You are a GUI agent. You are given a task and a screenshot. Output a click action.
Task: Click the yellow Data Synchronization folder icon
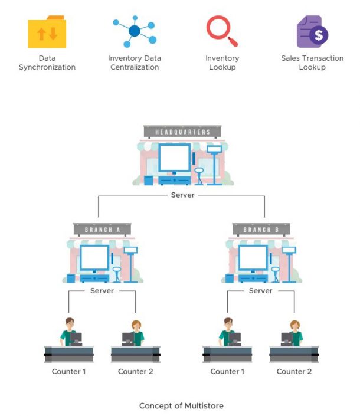(47, 32)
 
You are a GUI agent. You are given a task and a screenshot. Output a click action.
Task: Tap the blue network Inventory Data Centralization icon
(135, 31)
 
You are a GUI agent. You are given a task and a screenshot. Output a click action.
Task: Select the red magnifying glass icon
(221, 31)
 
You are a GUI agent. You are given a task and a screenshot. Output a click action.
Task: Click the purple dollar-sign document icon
(312, 32)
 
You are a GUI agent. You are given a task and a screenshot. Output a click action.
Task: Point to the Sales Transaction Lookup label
(312, 63)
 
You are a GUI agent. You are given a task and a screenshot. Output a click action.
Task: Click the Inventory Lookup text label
(221, 63)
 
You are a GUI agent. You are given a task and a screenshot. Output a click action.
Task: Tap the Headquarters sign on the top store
(182, 132)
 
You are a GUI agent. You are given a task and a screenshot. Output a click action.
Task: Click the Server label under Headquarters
(182, 195)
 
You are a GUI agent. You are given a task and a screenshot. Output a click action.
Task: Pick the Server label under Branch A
(102, 291)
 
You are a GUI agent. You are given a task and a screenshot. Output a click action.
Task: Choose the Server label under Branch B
(260, 291)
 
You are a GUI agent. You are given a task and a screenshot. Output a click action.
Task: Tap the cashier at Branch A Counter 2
(135, 333)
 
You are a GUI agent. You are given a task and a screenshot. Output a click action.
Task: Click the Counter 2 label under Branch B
(294, 371)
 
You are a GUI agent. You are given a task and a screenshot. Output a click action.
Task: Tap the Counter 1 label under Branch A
(69, 371)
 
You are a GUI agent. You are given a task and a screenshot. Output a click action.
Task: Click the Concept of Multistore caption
(181, 406)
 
